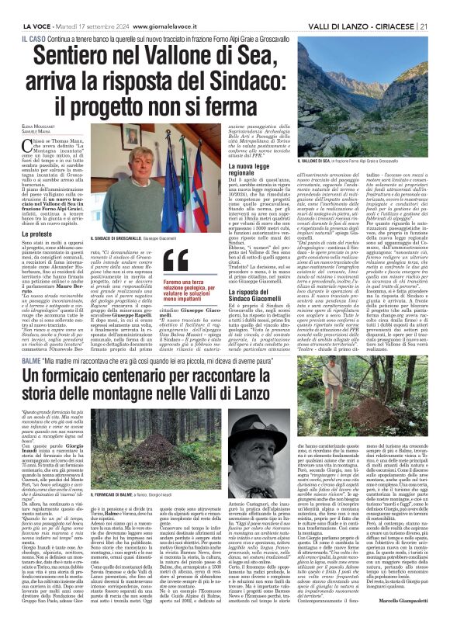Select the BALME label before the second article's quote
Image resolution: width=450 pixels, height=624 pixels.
(31, 359)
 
